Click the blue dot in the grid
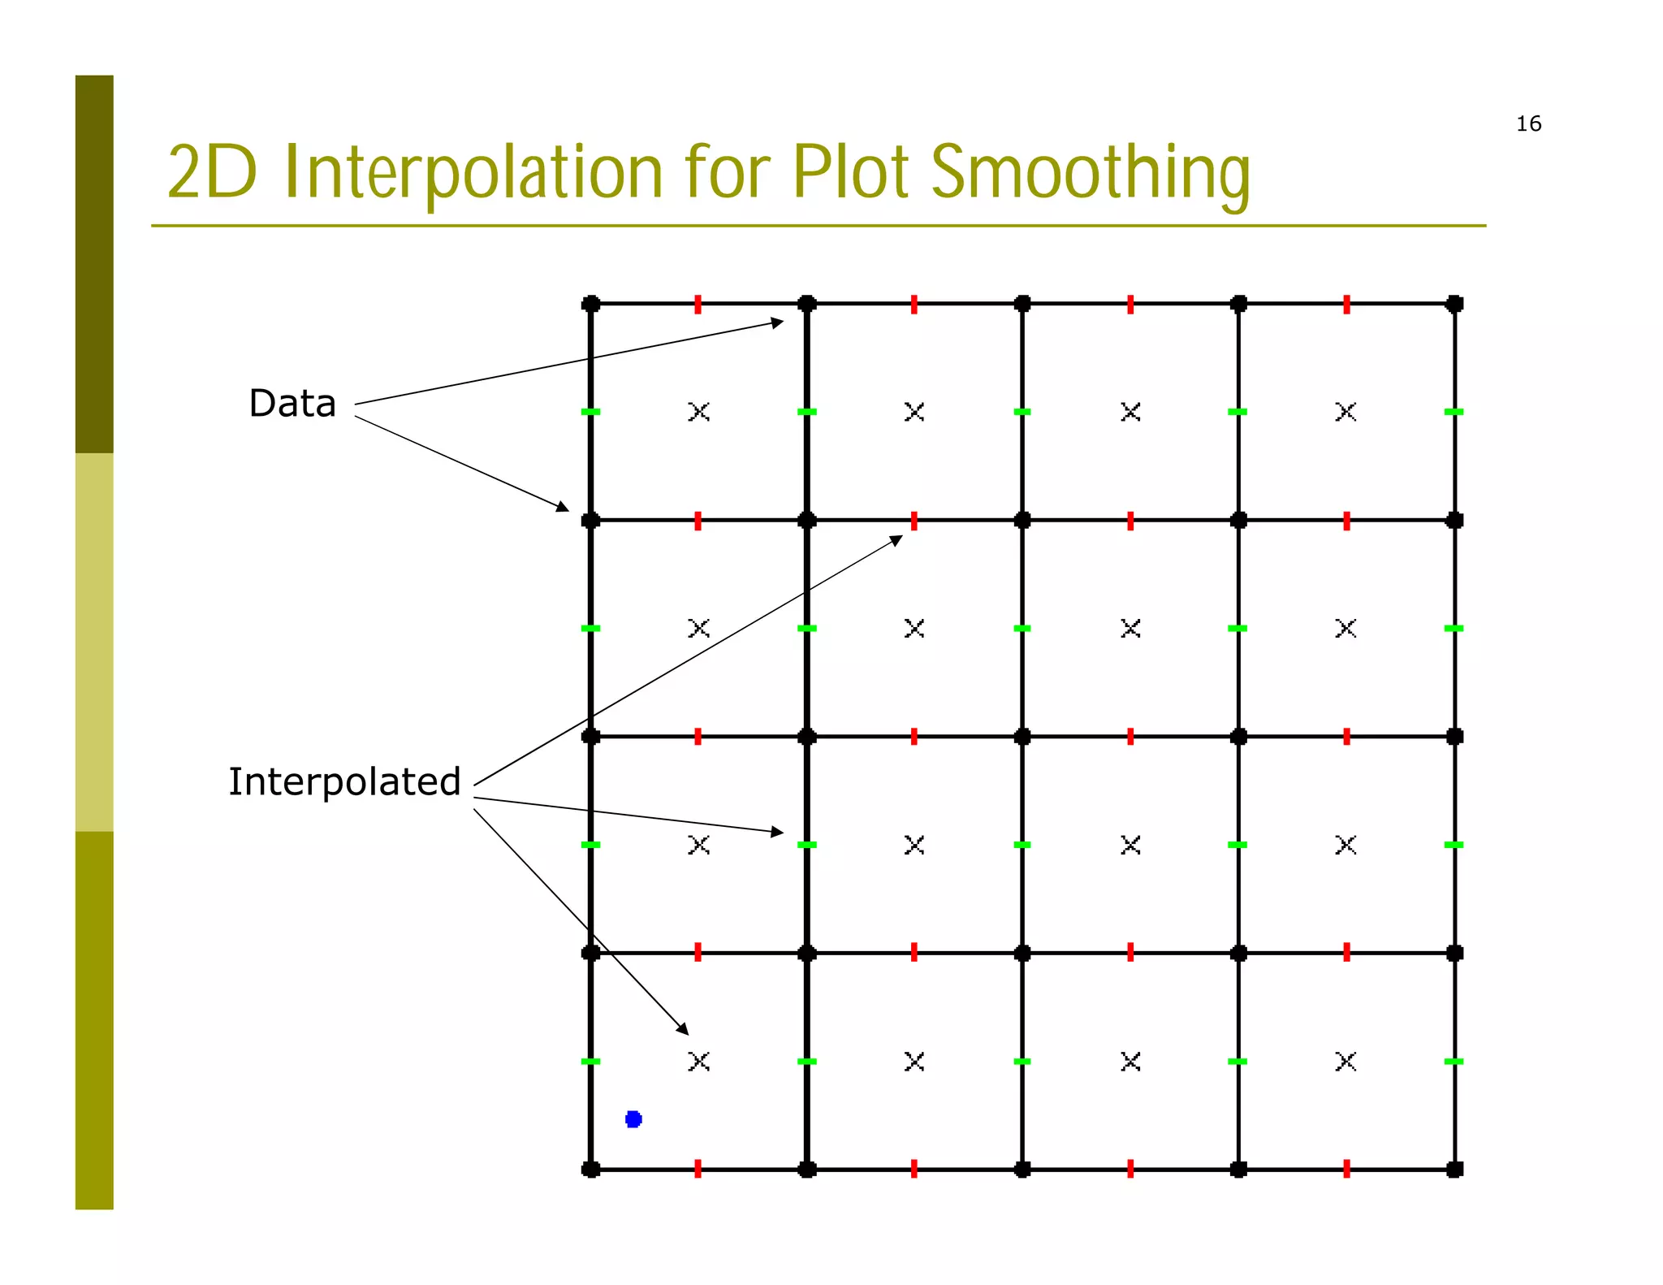(633, 1119)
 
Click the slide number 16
(1528, 123)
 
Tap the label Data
(292, 404)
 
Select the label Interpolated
(344, 782)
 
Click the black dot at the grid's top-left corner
(591, 304)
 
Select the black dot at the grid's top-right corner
(1454, 304)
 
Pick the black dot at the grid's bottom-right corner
(1454, 1169)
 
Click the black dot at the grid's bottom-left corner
(591, 1169)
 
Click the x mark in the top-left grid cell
(698, 412)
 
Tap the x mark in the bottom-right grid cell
(1346, 1061)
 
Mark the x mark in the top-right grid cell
(1346, 412)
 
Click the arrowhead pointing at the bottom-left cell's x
(683, 1029)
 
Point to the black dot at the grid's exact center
(1022, 737)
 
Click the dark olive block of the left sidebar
(94, 264)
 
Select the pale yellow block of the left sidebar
(94, 642)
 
